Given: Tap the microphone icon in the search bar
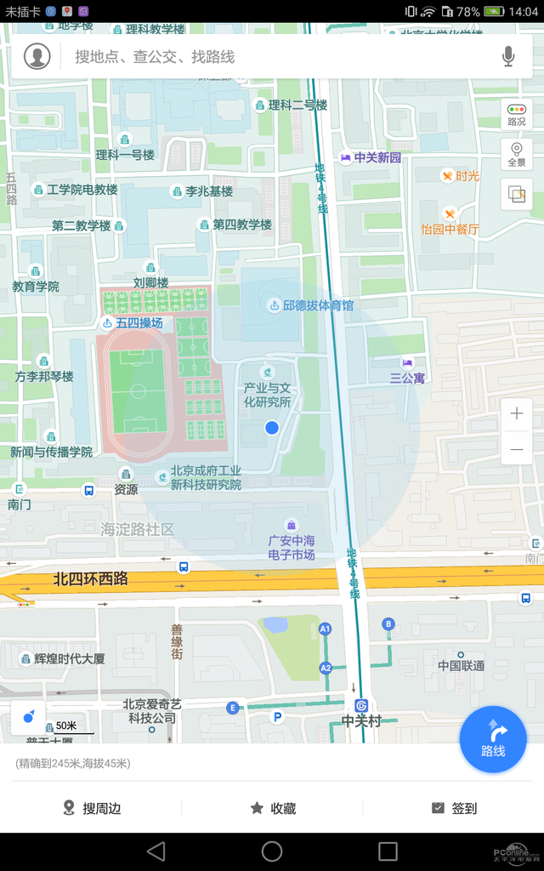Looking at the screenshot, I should tap(508, 57).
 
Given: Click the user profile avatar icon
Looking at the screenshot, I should tap(37, 56).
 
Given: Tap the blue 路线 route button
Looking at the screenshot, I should tap(493, 738).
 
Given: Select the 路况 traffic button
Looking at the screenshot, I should tap(516, 115).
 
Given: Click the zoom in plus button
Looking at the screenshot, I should tap(517, 414).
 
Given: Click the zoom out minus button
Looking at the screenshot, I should tap(517, 448).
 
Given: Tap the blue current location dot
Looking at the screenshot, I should tap(272, 427).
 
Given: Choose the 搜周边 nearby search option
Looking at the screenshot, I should tap(92, 808).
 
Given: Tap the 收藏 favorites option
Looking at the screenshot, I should tap(273, 808).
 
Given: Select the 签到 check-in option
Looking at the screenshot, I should tap(454, 808).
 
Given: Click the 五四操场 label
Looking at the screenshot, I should tap(139, 323).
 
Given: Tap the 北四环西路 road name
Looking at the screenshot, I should tap(90, 578).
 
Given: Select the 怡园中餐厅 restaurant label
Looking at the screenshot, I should tap(450, 229).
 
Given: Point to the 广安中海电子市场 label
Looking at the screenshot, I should tap(292, 547).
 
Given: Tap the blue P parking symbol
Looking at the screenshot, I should tap(275, 717).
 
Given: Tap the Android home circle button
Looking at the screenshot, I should tap(272, 851).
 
